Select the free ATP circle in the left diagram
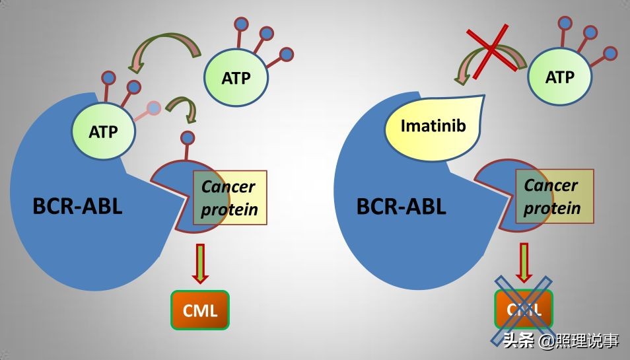(x=236, y=78)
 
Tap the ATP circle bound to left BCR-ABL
(x=103, y=131)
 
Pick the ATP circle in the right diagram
(x=559, y=78)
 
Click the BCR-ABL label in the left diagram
(x=78, y=207)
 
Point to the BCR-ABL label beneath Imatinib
(x=402, y=207)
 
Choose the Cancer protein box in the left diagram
(x=229, y=198)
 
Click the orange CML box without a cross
(x=200, y=310)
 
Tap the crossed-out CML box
(x=522, y=310)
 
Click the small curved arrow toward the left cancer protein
(x=184, y=108)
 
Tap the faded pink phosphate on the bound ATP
(x=153, y=107)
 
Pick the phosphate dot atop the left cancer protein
(x=188, y=138)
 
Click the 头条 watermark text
(x=516, y=341)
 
